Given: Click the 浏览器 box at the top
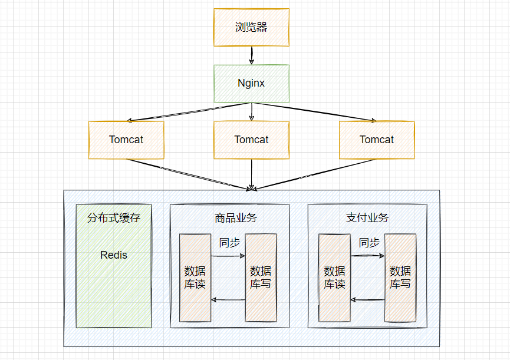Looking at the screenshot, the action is pyautogui.click(x=251, y=27).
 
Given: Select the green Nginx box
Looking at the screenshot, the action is pyautogui.click(x=251, y=84).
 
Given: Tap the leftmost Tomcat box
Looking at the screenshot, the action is pyautogui.click(x=126, y=140).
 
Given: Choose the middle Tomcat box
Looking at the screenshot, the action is pyautogui.click(x=251, y=140).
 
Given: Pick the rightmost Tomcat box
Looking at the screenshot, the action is pyautogui.click(x=377, y=140).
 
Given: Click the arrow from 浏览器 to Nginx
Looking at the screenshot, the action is pyautogui.click(x=251, y=55).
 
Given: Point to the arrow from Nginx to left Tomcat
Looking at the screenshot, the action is pyautogui.click(x=189, y=112).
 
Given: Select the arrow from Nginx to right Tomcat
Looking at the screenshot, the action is pyautogui.click(x=314, y=112).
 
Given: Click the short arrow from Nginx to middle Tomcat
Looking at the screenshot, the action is pyautogui.click(x=251, y=112).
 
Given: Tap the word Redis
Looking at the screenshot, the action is pyautogui.click(x=114, y=255).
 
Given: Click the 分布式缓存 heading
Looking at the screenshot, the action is pyautogui.click(x=114, y=217).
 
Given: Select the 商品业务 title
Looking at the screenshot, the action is pyautogui.click(x=236, y=217).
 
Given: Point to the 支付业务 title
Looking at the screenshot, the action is pyautogui.click(x=367, y=217).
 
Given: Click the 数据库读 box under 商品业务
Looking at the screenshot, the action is pyautogui.click(x=195, y=278).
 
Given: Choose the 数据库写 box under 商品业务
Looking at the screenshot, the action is pyautogui.click(x=261, y=278).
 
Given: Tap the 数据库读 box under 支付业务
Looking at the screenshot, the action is pyautogui.click(x=334, y=278).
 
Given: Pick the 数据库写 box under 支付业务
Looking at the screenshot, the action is pyautogui.click(x=400, y=278).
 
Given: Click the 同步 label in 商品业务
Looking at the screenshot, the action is pyautogui.click(x=229, y=243).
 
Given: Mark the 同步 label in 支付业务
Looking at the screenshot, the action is pyautogui.click(x=369, y=243).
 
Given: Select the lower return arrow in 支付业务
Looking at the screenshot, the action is pyautogui.click(x=367, y=299).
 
